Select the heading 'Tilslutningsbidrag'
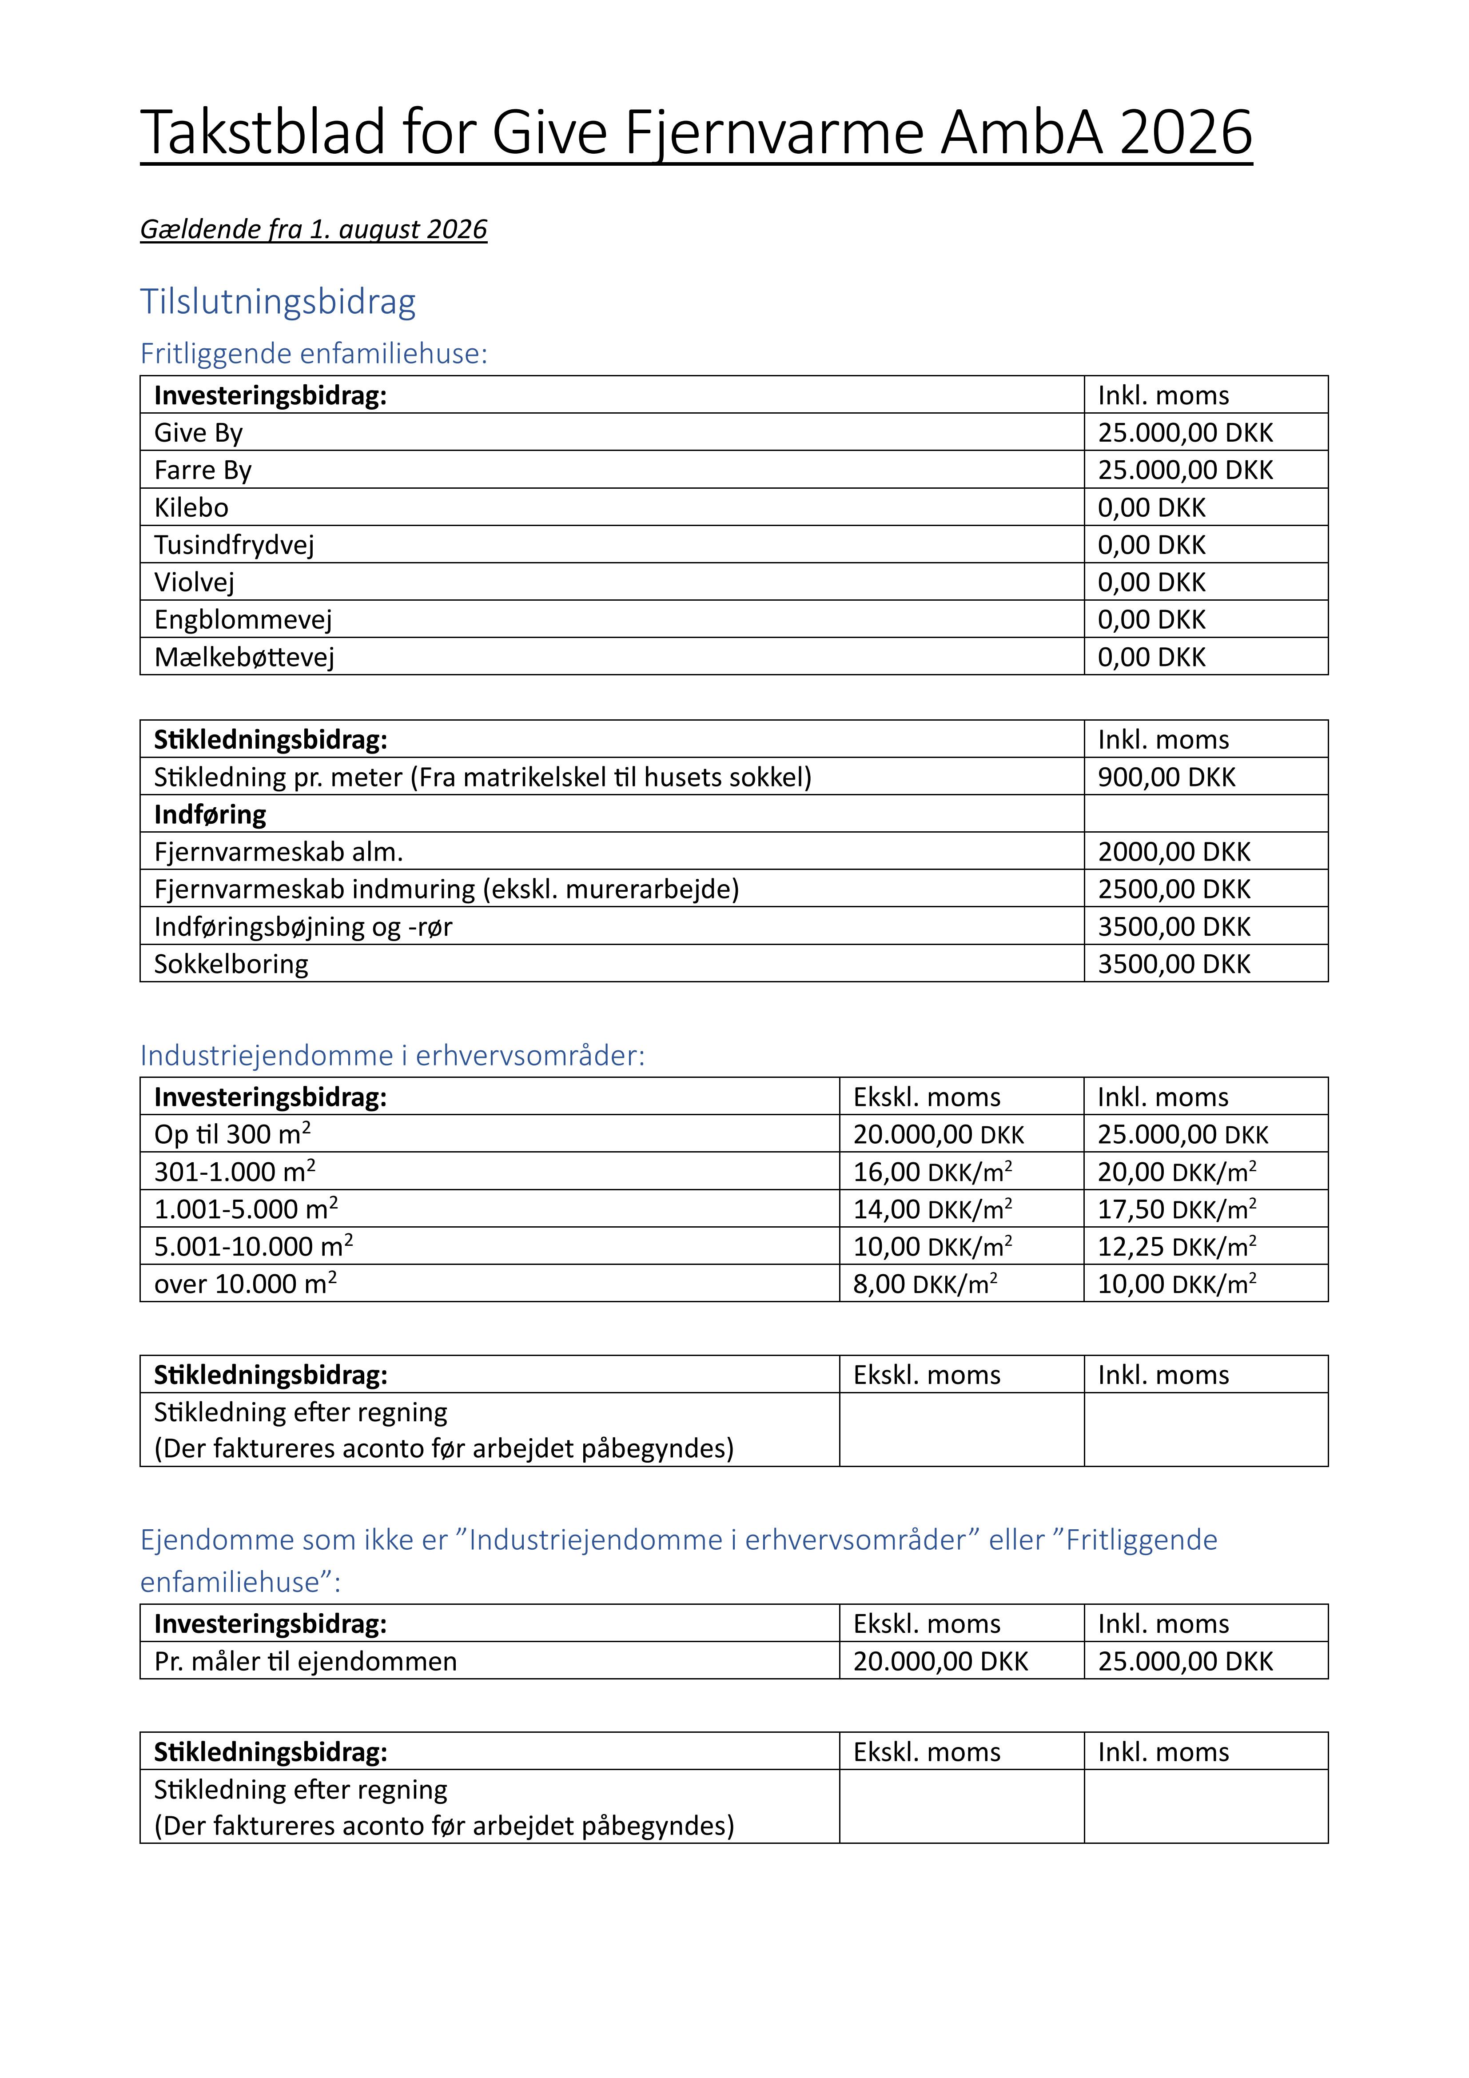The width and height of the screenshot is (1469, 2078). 278,301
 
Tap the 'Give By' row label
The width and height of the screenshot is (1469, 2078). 198,433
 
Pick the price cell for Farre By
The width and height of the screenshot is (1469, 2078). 1185,470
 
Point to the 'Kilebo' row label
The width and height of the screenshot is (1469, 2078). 191,508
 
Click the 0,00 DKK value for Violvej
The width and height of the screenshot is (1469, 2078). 1151,582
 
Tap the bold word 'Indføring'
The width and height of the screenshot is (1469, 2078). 210,814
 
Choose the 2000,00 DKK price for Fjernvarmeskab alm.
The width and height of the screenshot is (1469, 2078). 1174,852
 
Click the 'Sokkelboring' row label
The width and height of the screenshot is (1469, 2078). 231,964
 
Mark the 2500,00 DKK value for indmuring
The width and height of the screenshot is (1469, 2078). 1174,889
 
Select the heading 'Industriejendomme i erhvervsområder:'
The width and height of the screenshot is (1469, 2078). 392,1055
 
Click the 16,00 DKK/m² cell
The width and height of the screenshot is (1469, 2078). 932,1172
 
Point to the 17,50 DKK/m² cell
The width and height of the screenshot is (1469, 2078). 1177,1209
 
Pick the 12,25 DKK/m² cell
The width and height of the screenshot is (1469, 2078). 1177,1246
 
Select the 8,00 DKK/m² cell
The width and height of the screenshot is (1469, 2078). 925,1283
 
